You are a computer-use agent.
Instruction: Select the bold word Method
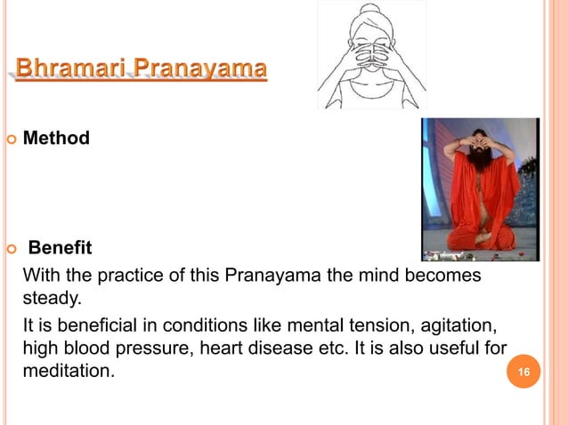tap(56, 138)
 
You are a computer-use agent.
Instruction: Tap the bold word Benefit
tap(61, 245)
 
